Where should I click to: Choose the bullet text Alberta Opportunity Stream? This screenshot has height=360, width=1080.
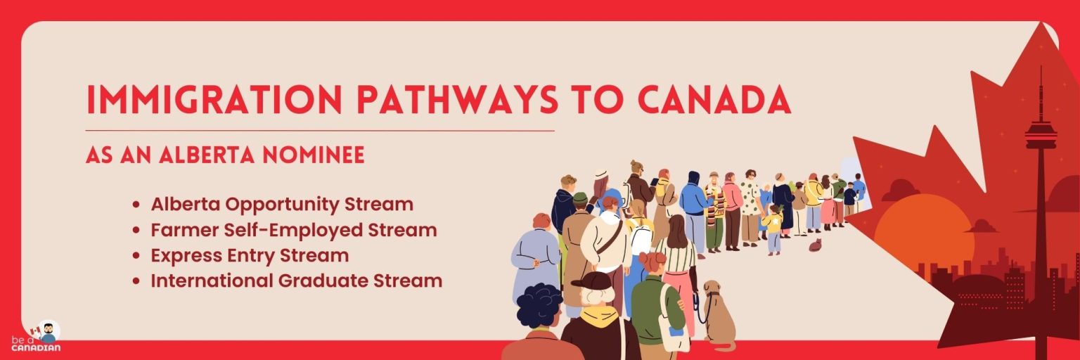pos(282,205)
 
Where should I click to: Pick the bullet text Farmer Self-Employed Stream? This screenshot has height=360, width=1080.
pos(294,230)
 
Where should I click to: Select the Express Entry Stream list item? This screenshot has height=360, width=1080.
pos(250,255)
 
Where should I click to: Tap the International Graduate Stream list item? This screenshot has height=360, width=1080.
pos(297,281)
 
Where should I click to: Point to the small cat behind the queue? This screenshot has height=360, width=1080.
pos(815,245)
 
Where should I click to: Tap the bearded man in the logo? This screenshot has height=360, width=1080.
pos(48,331)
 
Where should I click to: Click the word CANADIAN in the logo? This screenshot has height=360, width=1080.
pos(36,347)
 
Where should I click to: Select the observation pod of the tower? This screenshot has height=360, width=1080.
pos(1041,134)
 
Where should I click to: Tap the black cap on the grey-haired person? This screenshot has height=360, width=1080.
pos(594,281)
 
